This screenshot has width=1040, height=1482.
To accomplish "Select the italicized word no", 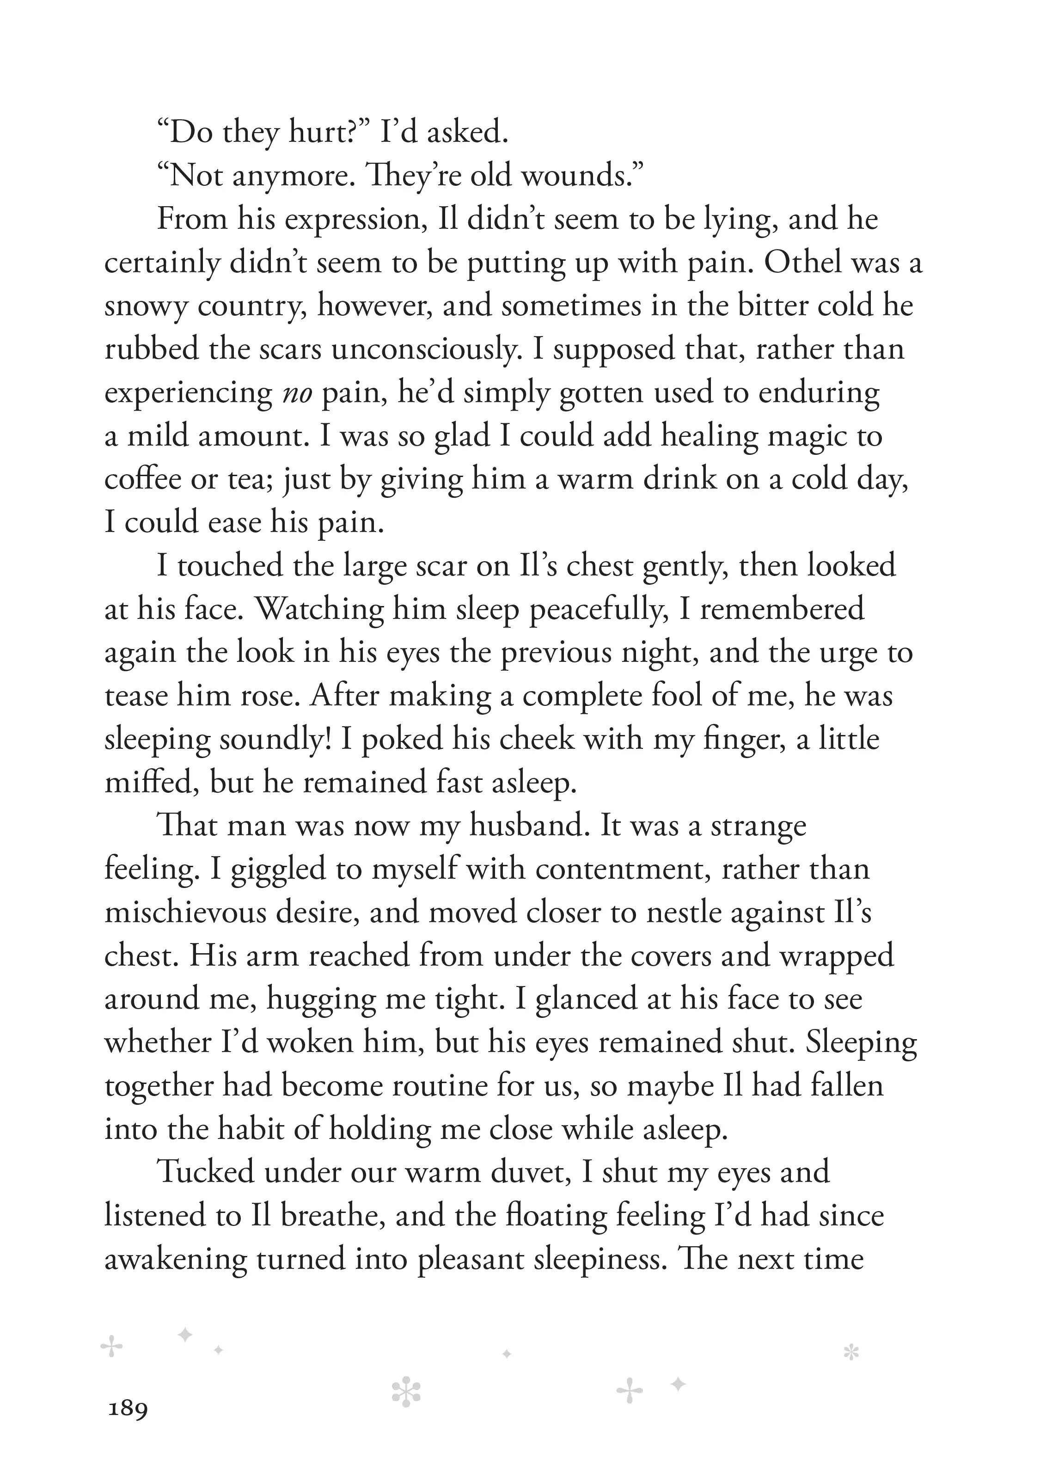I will click(x=298, y=392).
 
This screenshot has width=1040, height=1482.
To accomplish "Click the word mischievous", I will click(x=185, y=912).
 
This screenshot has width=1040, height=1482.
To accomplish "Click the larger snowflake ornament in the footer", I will click(x=406, y=1391).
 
